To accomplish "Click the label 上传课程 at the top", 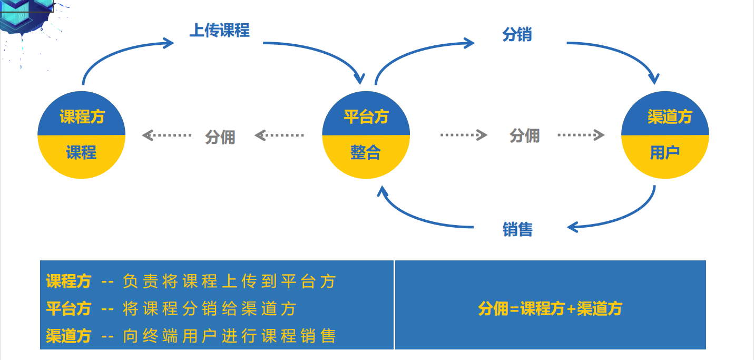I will point(219,31).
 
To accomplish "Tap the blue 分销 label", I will point(517,35).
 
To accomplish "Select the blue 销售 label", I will point(517,229).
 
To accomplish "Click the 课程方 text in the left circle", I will point(82,116).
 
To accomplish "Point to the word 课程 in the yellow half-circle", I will point(81,152).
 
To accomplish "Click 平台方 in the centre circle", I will point(366,116).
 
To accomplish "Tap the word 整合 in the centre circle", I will point(365,152).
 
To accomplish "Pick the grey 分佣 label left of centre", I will point(220,137).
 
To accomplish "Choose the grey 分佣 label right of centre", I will point(524,135).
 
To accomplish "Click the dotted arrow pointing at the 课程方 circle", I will point(167,136).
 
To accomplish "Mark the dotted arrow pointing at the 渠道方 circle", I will point(581,135).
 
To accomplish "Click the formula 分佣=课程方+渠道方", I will point(550,308).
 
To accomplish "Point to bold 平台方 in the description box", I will point(68,308).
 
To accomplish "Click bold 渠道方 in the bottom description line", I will point(68,336).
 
